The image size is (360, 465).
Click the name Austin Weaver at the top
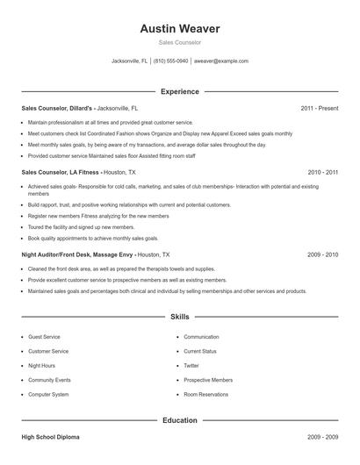pyautogui.click(x=180, y=29)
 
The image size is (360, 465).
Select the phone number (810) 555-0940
pyautogui.click(x=170, y=61)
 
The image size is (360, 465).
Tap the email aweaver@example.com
pyautogui.click(x=221, y=61)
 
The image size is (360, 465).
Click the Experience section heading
pyautogui.click(x=180, y=91)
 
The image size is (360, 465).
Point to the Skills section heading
pyautogui.click(x=180, y=316)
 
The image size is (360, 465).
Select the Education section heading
pyautogui.click(x=180, y=420)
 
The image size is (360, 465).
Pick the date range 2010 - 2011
pyautogui.click(x=322, y=173)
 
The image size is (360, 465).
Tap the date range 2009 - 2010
pyautogui.click(x=322, y=254)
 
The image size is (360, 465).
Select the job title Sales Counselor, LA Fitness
pyautogui.click(x=60, y=173)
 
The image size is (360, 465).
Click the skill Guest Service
pyautogui.click(x=44, y=337)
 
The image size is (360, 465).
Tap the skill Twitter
pyautogui.click(x=191, y=366)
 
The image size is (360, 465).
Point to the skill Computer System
pyautogui.click(x=48, y=395)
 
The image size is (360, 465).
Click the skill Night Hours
pyautogui.click(x=41, y=366)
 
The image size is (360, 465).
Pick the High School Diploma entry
pyautogui.click(x=52, y=436)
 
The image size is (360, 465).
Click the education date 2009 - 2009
pyautogui.click(x=322, y=436)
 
